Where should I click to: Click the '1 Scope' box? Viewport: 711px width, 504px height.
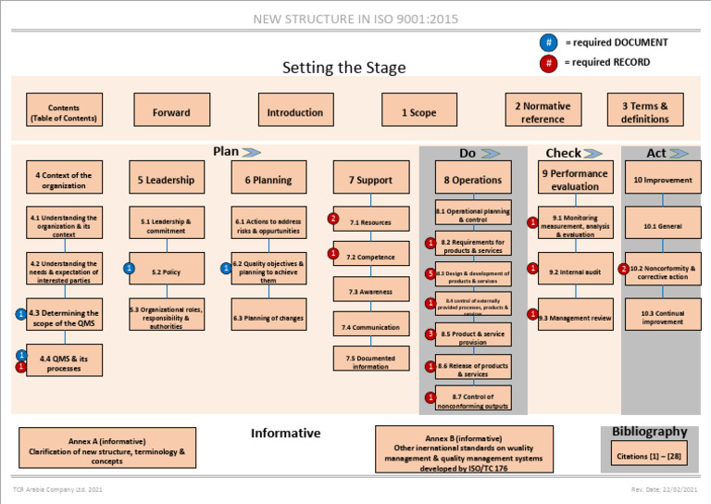pos(418,112)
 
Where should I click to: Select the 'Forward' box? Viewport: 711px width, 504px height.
pos(171,112)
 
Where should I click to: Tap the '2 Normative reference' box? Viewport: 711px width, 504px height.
pos(543,112)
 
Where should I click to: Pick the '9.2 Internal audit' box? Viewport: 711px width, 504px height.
pos(575,271)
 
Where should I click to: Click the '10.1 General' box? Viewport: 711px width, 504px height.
pos(662,225)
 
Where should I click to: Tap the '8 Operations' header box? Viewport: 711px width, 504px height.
pos(472,180)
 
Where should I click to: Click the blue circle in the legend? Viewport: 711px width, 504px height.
pos(549,42)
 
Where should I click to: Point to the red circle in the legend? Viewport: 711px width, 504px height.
pos(549,63)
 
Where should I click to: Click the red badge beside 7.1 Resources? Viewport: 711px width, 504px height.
pos(333,219)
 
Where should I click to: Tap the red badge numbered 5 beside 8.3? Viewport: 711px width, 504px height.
pos(430,273)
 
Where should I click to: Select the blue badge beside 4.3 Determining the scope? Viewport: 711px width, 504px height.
pos(20,314)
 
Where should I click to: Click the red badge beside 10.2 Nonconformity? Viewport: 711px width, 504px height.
pos(624,270)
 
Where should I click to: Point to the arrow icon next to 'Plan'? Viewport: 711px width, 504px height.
pos(251,151)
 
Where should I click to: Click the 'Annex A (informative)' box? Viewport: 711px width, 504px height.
pos(106,447)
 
